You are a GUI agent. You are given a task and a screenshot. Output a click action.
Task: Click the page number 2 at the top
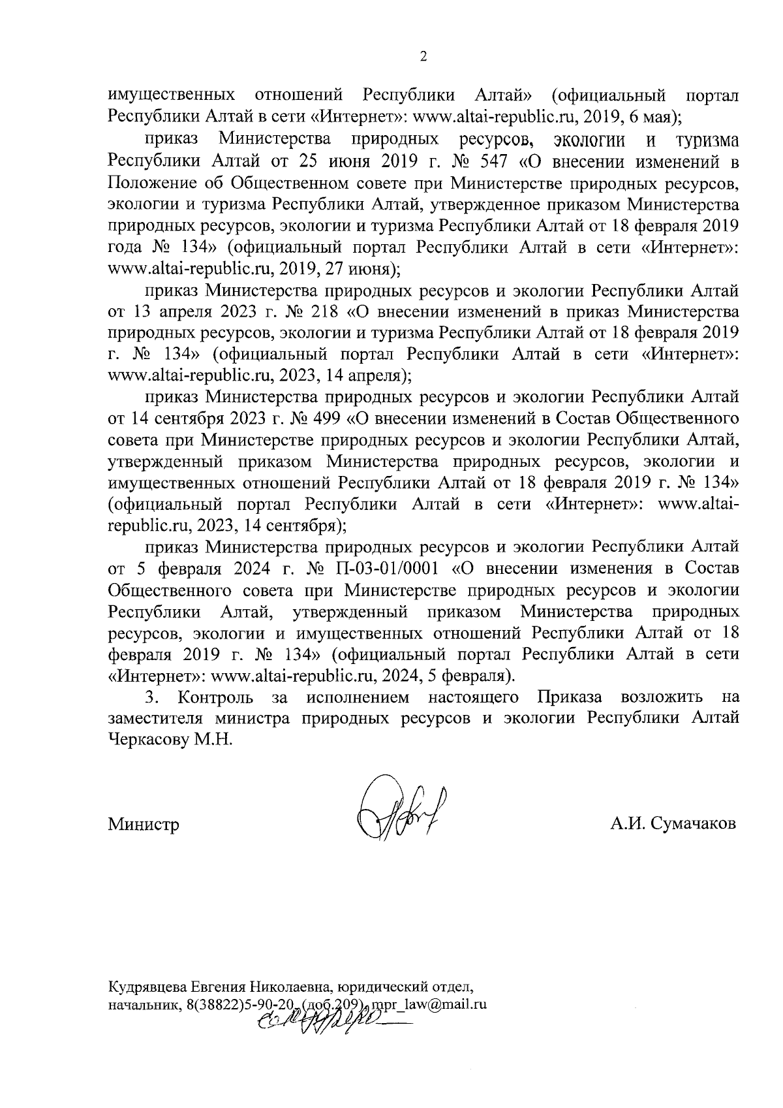click(x=423, y=57)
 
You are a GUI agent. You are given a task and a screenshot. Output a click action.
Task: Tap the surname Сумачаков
click(x=690, y=823)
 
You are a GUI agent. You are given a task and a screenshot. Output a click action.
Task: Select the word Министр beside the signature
click(x=144, y=824)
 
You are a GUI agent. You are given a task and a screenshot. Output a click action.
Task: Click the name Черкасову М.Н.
click(x=170, y=740)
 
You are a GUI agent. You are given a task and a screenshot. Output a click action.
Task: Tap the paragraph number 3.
click(x=151, y=697)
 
